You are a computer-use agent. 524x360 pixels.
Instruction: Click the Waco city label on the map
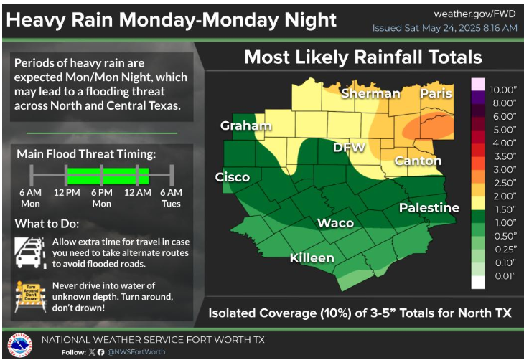click(336, 223)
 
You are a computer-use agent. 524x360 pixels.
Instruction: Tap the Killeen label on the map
click(312, 257)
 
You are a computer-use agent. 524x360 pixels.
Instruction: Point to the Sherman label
click(370, 94)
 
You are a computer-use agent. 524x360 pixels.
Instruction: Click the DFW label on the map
click(349, 148)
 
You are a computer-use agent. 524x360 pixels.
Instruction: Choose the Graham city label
click(246, 127)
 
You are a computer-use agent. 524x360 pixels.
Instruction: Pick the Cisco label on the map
click(233, 177)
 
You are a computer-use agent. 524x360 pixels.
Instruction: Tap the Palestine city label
click(429, 208)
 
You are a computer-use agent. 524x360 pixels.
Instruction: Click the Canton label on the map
click(418, 161)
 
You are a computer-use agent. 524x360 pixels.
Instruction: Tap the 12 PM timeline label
click(67, 192)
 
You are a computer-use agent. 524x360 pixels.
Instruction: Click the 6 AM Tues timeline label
click(171, 197)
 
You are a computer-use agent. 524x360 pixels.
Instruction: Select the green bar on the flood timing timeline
click(108, 174)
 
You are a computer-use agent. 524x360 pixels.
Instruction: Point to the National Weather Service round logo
click(19, 343)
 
